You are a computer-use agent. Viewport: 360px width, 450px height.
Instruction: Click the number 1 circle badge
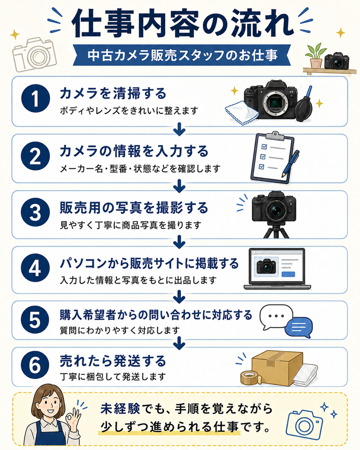[35, 99]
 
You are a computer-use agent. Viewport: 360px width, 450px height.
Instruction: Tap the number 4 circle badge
[35, 268]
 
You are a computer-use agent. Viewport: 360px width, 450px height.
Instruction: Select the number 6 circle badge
[35, 365]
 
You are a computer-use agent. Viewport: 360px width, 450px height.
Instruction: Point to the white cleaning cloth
[242, 112]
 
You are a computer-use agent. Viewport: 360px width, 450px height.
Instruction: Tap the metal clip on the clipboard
[275, 135]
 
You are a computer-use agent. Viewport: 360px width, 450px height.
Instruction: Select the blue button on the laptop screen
[288, 274]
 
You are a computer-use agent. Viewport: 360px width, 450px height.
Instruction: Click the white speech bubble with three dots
[276, 316]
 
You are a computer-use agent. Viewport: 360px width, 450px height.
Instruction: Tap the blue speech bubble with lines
[299, 328]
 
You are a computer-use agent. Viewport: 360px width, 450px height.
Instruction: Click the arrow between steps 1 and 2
[180, 129]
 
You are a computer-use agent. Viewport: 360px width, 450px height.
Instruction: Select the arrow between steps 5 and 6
[180, 343]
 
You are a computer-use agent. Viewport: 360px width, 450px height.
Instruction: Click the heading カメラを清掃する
[113, 94]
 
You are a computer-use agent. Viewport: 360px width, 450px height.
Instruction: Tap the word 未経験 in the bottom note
[120, 409]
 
